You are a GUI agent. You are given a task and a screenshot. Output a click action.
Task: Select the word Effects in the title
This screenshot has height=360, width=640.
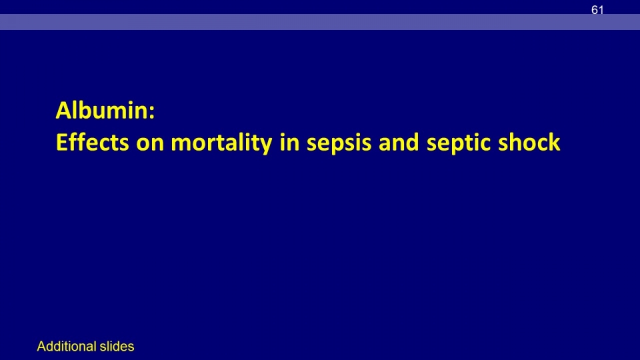[x=92, y=142]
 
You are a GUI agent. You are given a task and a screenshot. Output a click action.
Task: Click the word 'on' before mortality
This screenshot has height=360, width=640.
[x=150, y=145]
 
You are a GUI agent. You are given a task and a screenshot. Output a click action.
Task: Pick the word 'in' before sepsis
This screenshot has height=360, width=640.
[x=289, y=143]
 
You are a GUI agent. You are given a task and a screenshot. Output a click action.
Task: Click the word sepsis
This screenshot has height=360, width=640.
[x=339, y=145]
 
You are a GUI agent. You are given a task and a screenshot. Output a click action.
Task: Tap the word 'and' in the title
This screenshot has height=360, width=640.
[x=399, y=143]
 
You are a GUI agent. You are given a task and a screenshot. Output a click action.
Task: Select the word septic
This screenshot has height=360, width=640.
[x=459, y=144]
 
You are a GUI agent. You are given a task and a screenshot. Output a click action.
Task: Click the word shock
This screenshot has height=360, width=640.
[x=529, y=142]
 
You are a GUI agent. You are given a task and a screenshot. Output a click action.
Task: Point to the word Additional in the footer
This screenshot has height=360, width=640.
[x=67, y=346]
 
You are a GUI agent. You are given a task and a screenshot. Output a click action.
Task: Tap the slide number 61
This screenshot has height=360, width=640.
[x=597, y=10]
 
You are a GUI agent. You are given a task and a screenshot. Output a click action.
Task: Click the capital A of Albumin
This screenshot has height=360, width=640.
[x=63, y=111]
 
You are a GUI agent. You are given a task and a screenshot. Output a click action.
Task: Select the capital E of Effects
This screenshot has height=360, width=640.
[x=61, y=143]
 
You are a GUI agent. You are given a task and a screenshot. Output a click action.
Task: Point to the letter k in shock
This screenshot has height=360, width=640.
[x=553, y=142]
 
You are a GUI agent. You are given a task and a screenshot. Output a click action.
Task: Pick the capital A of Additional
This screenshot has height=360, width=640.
[x=41, y=346]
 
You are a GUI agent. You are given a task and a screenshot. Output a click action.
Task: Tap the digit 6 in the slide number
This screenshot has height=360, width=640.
[x=594, y=10]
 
